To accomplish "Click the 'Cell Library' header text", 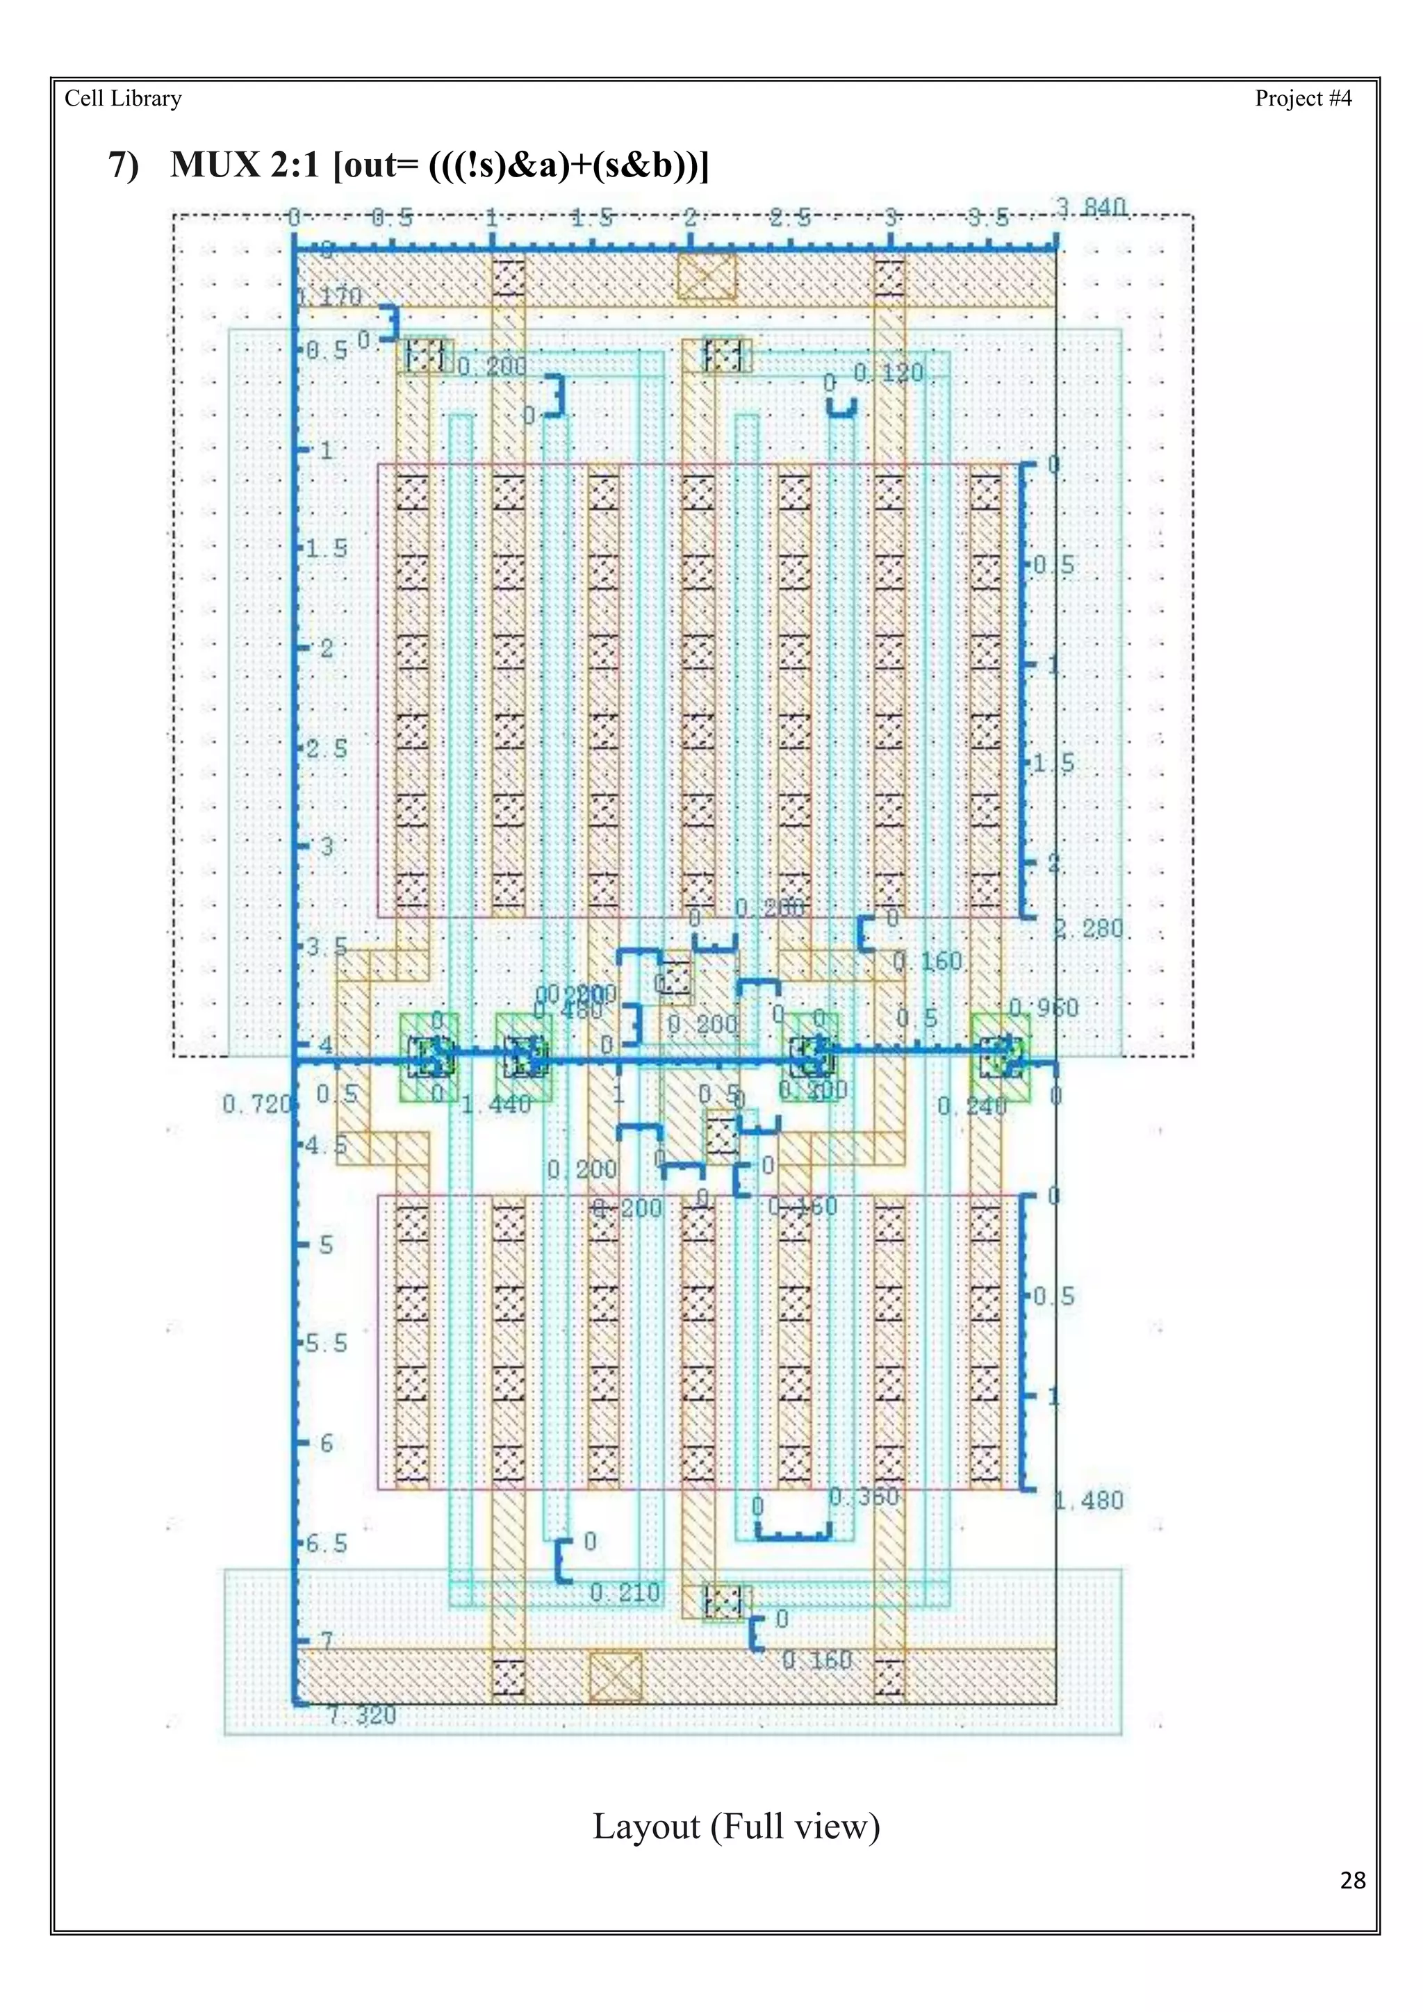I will point(123,98).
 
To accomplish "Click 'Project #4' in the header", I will point(1302,98).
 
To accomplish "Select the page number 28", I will point(1352,1881).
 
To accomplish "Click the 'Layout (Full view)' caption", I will point(736,1827).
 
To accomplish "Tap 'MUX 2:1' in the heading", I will point(245,165).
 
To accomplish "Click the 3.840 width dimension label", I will point(1090,208).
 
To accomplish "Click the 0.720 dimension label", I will point(255,1104).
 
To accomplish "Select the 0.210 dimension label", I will point(624,1592).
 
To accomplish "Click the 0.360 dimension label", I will point(863,1496).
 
